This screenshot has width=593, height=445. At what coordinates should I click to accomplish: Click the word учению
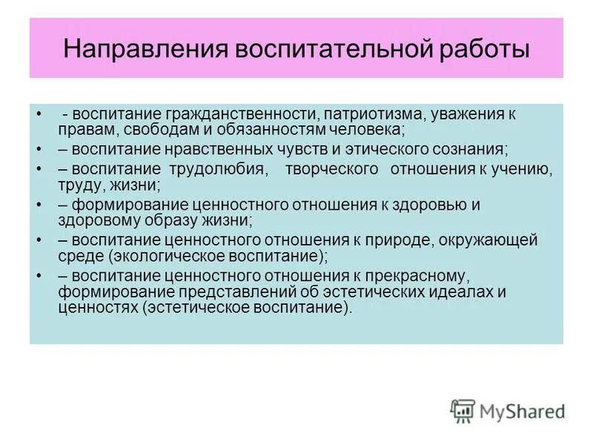coord(522,170)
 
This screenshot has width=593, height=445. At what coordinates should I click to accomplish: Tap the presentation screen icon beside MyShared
coord(463,410)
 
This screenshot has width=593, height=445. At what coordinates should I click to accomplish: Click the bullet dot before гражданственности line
coord(38,115)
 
